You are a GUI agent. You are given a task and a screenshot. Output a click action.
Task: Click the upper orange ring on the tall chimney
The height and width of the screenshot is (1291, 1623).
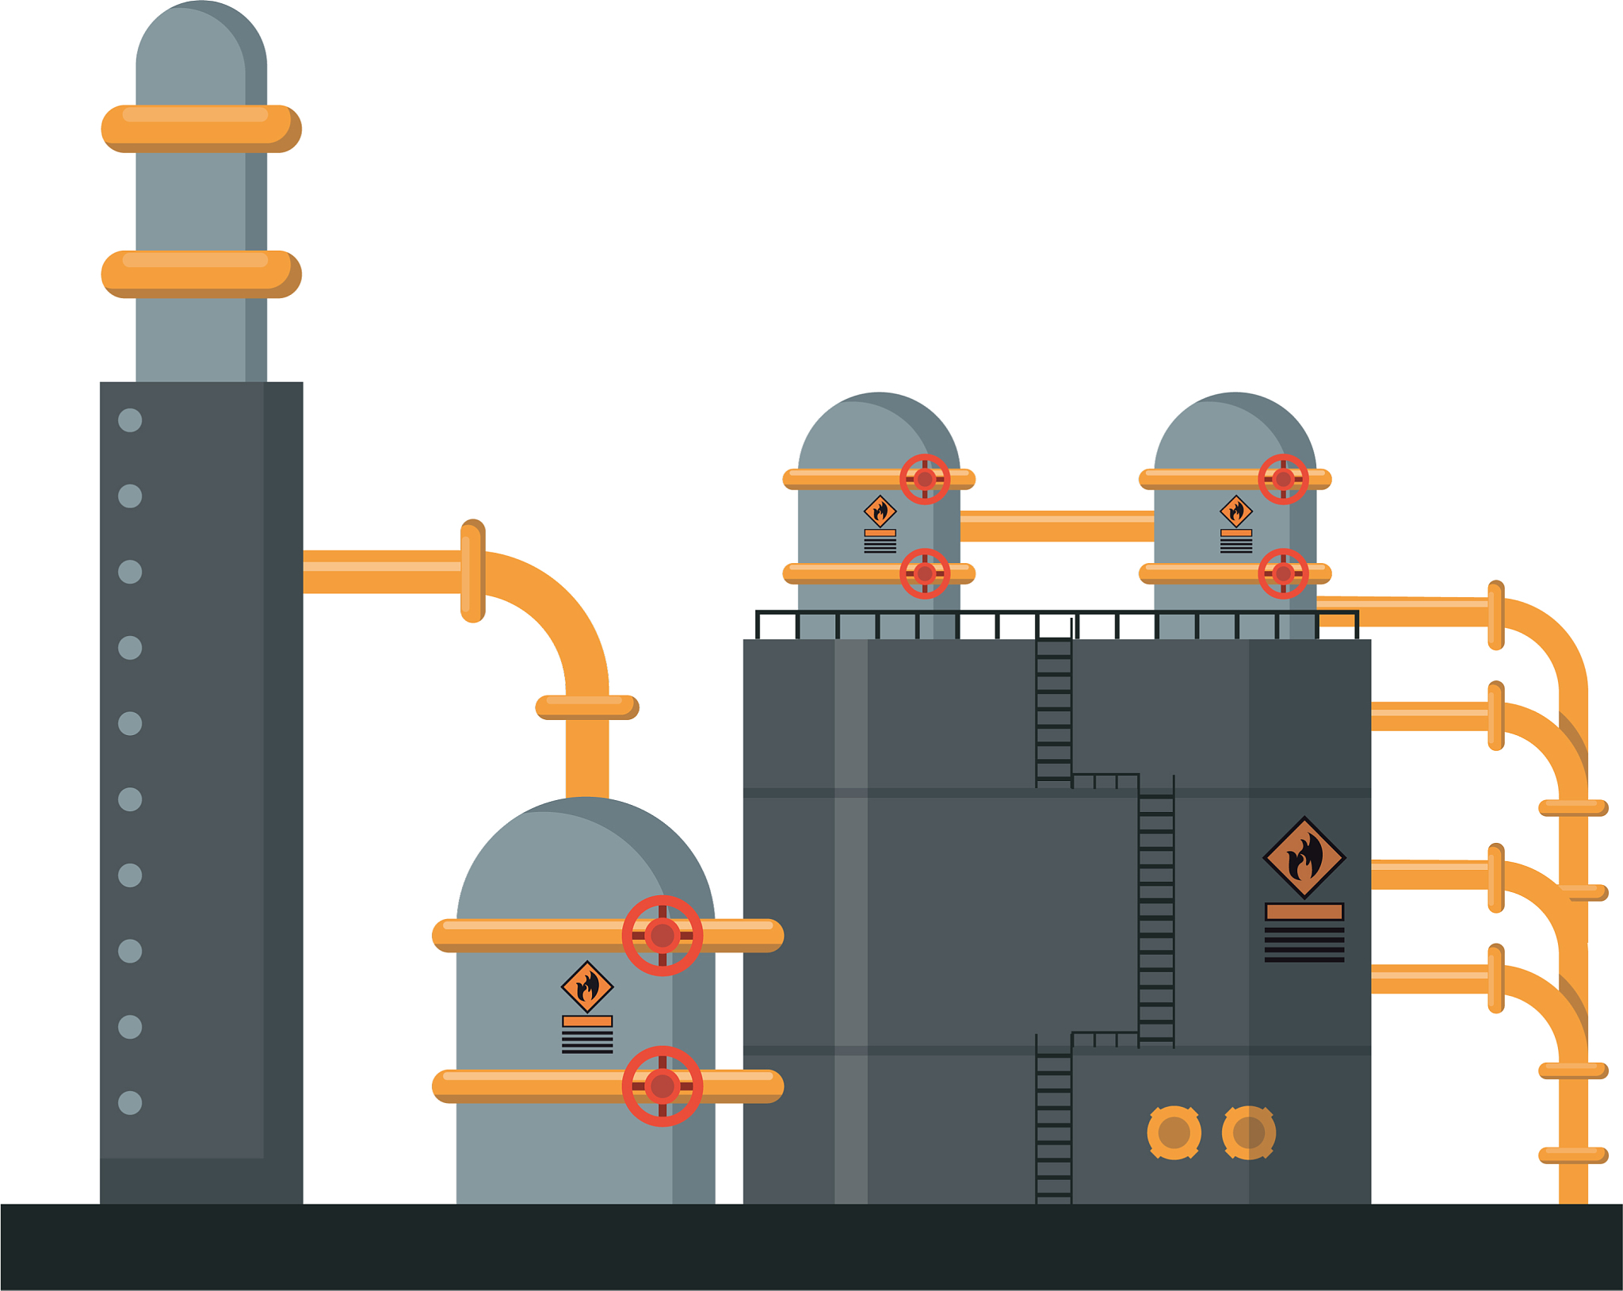(201, 128)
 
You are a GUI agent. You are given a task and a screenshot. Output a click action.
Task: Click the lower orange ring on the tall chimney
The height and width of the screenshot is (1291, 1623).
(201, 274)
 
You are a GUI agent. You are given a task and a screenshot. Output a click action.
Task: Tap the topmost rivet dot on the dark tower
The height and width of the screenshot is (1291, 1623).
(130, 420)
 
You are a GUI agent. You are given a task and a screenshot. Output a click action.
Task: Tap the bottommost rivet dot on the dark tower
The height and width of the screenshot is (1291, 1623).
(130, 1102)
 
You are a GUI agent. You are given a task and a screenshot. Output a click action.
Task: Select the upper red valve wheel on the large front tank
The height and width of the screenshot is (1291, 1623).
(662, 936)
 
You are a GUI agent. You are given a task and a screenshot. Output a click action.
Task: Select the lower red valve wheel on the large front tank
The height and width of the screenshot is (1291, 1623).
(662, 1086)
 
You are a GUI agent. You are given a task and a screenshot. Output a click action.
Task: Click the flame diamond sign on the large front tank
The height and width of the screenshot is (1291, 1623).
(587, 987)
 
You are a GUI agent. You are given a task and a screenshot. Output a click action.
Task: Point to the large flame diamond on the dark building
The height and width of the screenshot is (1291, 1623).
(1304, 858)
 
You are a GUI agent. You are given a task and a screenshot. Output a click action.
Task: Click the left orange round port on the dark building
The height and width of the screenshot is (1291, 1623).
(1174, 1132)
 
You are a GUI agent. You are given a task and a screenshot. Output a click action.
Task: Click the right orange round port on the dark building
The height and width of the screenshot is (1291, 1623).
(1249, 1132)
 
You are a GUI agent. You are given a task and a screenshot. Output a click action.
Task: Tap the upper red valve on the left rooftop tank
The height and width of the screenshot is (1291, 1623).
(925, 479)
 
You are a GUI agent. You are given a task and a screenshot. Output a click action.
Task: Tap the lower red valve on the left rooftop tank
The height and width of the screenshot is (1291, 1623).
(925, 573)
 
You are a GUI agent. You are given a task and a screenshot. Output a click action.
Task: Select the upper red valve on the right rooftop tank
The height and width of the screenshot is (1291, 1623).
(1283, 479)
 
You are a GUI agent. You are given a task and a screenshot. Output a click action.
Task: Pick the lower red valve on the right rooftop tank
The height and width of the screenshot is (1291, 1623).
(1283, 573)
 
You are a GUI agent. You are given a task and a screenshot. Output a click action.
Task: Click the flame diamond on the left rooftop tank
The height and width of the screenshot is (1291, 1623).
(880, 511)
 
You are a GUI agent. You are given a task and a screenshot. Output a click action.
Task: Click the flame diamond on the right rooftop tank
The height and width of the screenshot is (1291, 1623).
(1236, 511)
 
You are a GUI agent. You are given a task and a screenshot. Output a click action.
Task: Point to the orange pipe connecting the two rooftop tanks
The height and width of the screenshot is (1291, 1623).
(1056, 527)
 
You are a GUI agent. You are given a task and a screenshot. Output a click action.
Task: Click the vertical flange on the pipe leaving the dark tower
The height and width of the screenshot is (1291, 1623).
(472, 571)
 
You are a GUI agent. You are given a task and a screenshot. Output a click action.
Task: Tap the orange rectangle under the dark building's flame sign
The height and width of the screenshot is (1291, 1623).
(1304, 912)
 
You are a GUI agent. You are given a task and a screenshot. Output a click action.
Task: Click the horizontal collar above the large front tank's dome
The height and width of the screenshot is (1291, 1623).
(587, 707)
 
